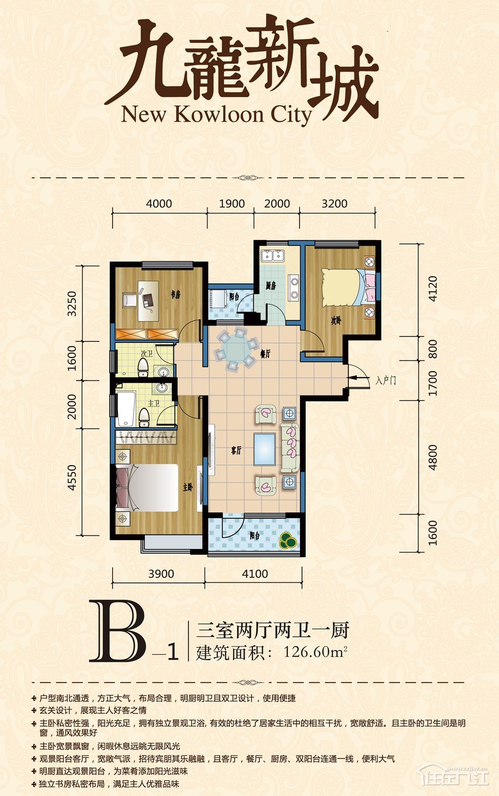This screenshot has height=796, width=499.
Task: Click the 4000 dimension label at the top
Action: [159, 204]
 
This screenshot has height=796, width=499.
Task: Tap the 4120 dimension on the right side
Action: [432, 288]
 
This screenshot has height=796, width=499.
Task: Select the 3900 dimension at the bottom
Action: [161, 573]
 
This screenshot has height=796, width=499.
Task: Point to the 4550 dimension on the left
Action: [72, 477]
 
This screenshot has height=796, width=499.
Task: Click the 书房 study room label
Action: [175, 295]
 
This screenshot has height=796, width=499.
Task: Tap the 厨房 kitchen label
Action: [270, 285]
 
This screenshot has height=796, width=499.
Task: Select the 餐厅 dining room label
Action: [265, 354]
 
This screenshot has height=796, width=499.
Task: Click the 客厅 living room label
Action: [236, 451]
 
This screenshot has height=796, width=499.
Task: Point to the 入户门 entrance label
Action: [385, 380]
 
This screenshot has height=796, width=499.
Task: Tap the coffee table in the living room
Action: [265, 449]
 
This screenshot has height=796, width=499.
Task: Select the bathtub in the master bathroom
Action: [126, 409]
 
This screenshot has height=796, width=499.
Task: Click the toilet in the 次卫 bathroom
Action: [143, 367]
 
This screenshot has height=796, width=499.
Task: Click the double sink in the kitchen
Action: [272, 256]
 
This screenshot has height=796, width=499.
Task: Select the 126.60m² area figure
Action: [315, 652]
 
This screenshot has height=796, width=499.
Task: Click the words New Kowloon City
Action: [216, 115]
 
